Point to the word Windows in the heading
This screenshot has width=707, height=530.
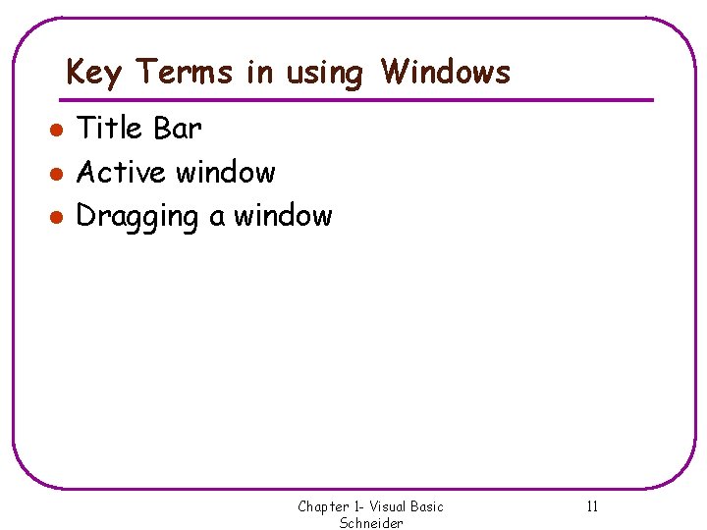click(446, 72)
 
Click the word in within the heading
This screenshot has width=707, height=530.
click(260, 72)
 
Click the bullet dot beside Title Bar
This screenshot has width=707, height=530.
click(58, 130)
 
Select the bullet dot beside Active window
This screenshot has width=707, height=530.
click(58, 174)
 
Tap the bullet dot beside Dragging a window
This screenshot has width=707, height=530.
click(58, 217)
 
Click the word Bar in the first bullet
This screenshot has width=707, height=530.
click(178, 129)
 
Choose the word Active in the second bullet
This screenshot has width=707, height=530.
click(121, 173)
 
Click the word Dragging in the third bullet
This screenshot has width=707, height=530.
click(137, 217)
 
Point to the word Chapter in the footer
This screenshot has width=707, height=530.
click(322, 506)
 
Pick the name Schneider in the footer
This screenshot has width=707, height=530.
click(371, 523)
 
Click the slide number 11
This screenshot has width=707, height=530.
click(592, 506)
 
